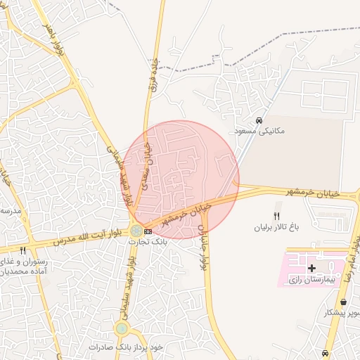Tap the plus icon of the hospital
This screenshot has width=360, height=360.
311,269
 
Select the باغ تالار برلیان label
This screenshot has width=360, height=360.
277,228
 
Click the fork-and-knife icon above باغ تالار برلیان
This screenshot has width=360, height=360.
276,216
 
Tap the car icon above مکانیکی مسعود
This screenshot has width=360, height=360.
259,120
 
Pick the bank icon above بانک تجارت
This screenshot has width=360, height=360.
148,231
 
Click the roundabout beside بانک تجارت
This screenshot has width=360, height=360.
135,230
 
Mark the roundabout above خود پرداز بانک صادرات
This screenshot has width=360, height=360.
122,328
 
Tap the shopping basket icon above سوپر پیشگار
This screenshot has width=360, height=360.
342,302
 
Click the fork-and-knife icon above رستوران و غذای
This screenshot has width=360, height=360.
23,250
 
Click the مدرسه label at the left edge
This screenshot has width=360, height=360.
11,211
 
